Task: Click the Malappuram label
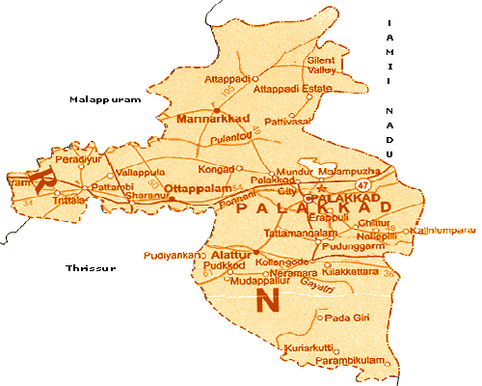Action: click(105, 99)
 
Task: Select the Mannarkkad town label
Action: click(214, 118)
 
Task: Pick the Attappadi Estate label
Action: click(286, 89)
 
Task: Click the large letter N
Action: click(269, 300)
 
